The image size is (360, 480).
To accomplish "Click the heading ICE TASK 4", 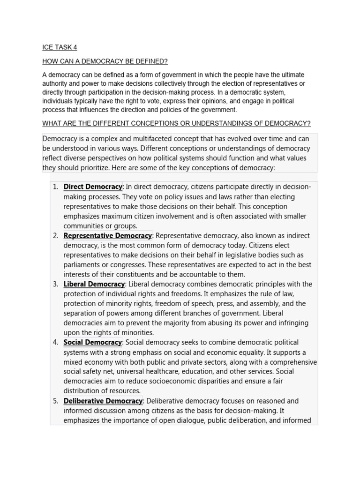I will pos(60,47).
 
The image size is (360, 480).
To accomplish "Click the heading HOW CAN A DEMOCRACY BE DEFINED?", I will pos(105,61).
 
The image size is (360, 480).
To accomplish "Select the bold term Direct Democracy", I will pos(93,187).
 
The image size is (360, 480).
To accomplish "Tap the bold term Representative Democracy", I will pos(107,235).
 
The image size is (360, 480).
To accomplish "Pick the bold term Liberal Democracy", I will pos(94,284).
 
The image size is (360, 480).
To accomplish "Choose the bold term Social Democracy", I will pos(92,342).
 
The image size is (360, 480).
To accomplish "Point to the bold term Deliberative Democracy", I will pos(103,401).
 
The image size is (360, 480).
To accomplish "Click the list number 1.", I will pos(55,187).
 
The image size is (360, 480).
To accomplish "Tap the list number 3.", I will pos(55,284).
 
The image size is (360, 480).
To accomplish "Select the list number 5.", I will pos(55,401).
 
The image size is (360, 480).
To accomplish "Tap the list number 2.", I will pos(55,235).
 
